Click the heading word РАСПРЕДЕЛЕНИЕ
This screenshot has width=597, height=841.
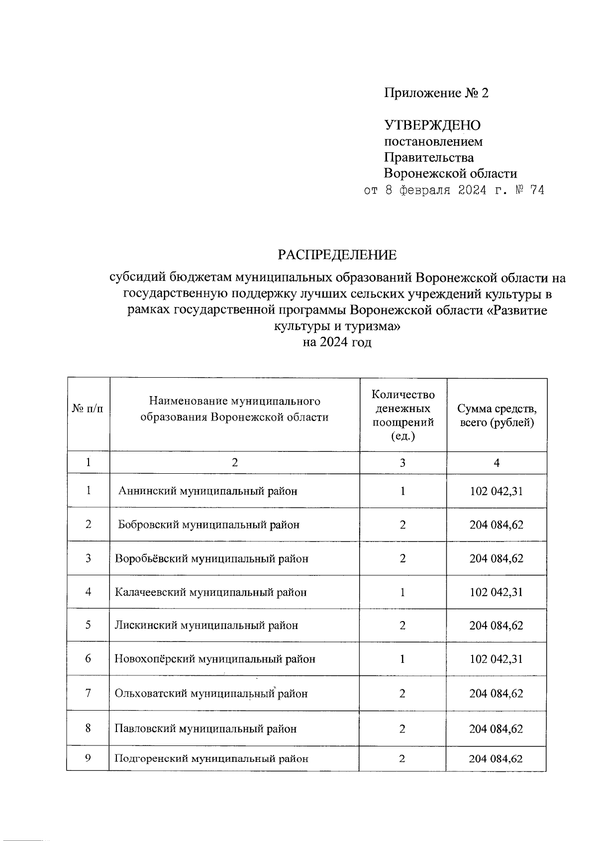point(337,255)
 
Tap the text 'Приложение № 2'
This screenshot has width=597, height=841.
point(436,93)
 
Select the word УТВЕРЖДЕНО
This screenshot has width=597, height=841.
point(432,125)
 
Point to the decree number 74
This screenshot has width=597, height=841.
point(537,190)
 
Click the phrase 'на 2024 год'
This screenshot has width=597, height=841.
point(337,342)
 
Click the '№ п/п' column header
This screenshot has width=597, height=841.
point(88,409)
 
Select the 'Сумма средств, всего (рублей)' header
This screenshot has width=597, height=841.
point(497,416)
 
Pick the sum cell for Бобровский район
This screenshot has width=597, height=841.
point(496,525)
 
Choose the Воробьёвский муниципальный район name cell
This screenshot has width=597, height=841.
point(211,558)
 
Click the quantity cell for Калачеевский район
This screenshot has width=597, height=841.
point(402,592)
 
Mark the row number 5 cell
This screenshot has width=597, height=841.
point(88,625)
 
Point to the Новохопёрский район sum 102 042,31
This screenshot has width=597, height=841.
point(496,659)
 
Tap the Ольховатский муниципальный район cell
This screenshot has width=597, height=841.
point(211,693)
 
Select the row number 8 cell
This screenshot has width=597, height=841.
point(88,729)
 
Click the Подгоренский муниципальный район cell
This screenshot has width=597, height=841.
point(211,758)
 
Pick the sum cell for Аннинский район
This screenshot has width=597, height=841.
point(496,491)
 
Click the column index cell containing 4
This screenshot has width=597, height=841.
point(497,463)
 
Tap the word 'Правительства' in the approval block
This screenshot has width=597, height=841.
point(428,158)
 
